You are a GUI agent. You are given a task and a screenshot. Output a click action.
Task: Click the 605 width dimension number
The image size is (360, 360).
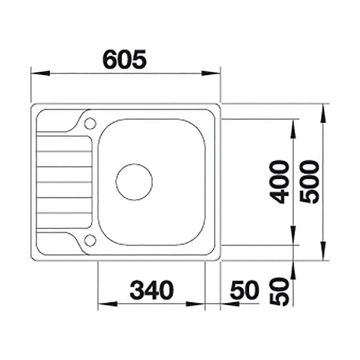click(124, 59)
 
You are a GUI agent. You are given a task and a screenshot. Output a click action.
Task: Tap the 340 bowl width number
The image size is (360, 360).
click(152, 290)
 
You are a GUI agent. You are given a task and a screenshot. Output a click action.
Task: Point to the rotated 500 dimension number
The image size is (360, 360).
click(310, 182)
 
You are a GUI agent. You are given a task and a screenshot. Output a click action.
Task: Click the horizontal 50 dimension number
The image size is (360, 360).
click(244, 290)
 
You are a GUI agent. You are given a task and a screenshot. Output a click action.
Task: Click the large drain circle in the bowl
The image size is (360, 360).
click(134, 182)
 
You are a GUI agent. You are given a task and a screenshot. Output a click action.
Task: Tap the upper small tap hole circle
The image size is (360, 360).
click(90, 124)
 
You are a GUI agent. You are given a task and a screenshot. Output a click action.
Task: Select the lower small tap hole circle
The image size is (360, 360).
click(90, 240)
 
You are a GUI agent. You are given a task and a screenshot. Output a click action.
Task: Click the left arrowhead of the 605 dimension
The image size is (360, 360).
click(40, 73)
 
